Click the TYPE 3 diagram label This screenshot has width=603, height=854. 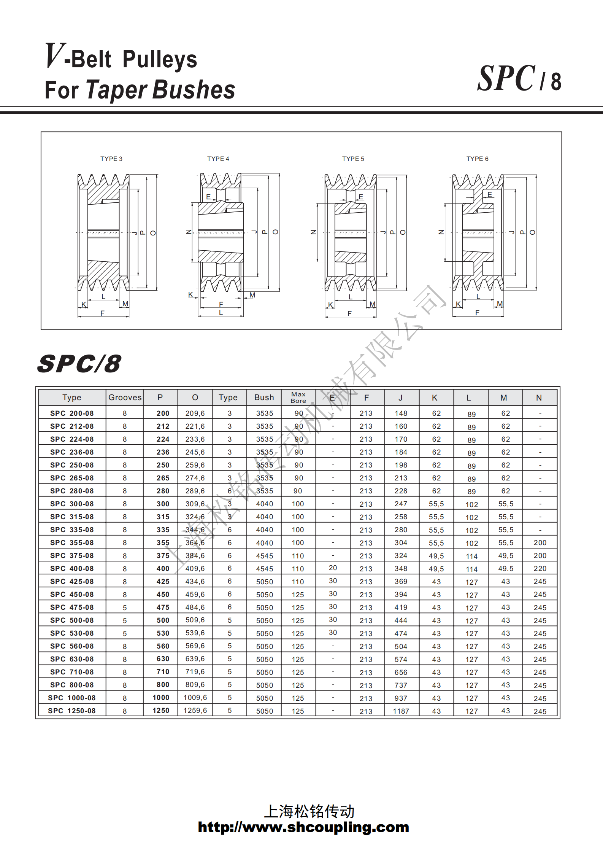pyautogui.click(x=111, y=159)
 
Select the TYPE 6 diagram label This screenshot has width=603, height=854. pyautogui.click(x=477, y=159)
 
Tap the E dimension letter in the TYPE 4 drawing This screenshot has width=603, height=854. pyautogui.click(x=208, y=197)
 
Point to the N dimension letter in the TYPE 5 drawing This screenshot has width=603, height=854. pyautogui.click(x=313, y=232)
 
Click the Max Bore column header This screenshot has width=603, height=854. pyautogui.click(x=298, y=397)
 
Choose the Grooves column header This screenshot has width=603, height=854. pyautogui.click(x=125, y=398)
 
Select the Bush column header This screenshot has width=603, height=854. pyautogui.click(x=264, y=398)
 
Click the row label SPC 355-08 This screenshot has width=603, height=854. pyautogui.click(x=72, y=542)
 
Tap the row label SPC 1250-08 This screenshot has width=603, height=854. pyautogui.click(x=71, y=711)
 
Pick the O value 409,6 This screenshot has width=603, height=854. pyautogui.click(x=195, y=568)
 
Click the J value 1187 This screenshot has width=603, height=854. pyautogui.click(x=401, y=711)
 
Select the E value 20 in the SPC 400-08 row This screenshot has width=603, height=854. pyautogui.click(x=333, y=568)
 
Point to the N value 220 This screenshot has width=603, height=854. pyautogui.click(x=540, y=569)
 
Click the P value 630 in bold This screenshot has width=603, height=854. pyautogui.click(x=163, y=659)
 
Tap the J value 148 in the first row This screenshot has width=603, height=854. pyautogui.click(x=401, y=413)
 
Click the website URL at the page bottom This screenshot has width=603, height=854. pyautogui.click(x=303, y=827)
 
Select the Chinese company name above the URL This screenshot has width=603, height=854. pyautogui.click(x=309, y=811)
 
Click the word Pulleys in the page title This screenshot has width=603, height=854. pyautogui.click(x=160, y=60)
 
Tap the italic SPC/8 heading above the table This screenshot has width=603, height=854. pyautogui.click(x=79, y=364)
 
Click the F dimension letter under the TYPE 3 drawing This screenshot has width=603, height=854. pyautogui.click(x=102, y=313)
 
